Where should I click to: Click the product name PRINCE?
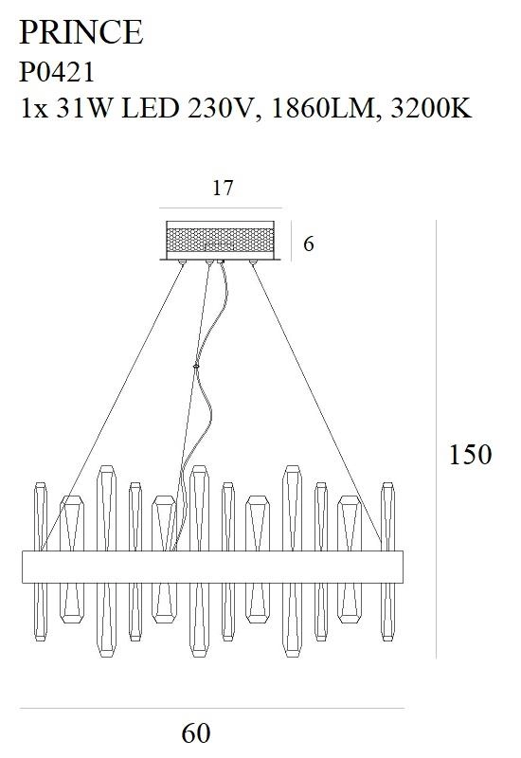81,32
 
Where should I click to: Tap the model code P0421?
57,73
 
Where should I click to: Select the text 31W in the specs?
83,108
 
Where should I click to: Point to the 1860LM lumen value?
323,108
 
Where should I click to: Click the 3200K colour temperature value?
431,108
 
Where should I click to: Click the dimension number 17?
223,188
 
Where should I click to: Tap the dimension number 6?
309,244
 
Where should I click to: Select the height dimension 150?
470,455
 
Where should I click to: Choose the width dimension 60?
196,732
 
